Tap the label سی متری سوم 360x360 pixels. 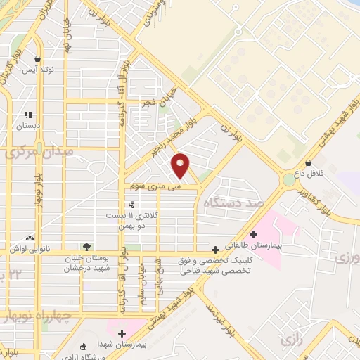pyautogui.click(x=154, y=187)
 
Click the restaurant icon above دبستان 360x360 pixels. pyautogui.click(x=28, y=114)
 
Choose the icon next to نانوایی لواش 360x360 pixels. pyautogui.click(x=29, y=238)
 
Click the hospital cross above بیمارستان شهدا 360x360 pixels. pyautogui.click(x=122, y=333)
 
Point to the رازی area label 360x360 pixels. pyautogui.click(x=291, y=340)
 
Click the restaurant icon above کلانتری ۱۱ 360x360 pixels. pyautogui.click(x=131, y=204)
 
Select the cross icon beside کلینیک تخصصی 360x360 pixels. pyautogui.click(x=216, y=250)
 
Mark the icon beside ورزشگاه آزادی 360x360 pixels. pyautogui.click(x=84, y=347)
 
